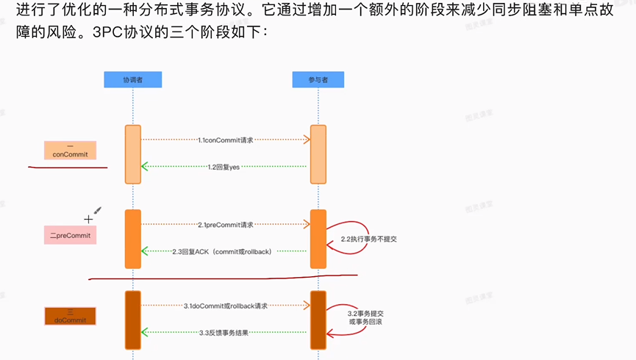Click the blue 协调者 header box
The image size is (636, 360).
tap(132, 79)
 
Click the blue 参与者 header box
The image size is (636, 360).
tap(318, 79)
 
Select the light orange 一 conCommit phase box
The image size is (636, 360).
tap(75, 150)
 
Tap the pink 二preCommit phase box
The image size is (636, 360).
tap(70, 235)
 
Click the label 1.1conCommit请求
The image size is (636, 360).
tap(225, 139)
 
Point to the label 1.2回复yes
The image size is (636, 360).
tap(224, 168)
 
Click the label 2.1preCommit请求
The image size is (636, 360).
tap(225, 224)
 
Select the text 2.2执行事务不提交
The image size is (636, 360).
tap(374, 240)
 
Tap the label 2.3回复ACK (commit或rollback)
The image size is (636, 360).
tap(222, 252)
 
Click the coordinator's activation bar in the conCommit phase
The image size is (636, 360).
tap(132, 154)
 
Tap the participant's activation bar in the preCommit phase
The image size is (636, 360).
tap(318, 240)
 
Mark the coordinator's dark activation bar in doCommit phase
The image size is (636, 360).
tap(132, 320)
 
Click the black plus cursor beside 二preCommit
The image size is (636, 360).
tap(89, 218)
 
